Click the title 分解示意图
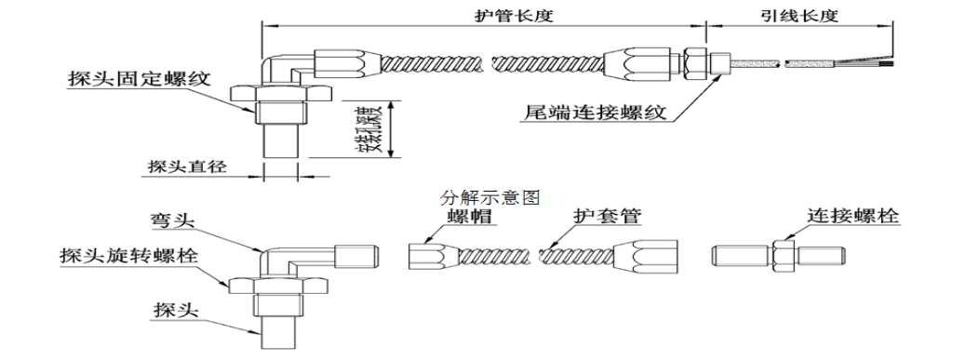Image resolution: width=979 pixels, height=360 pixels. coord(489,197)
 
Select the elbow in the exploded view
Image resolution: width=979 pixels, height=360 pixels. coord(288,256)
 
